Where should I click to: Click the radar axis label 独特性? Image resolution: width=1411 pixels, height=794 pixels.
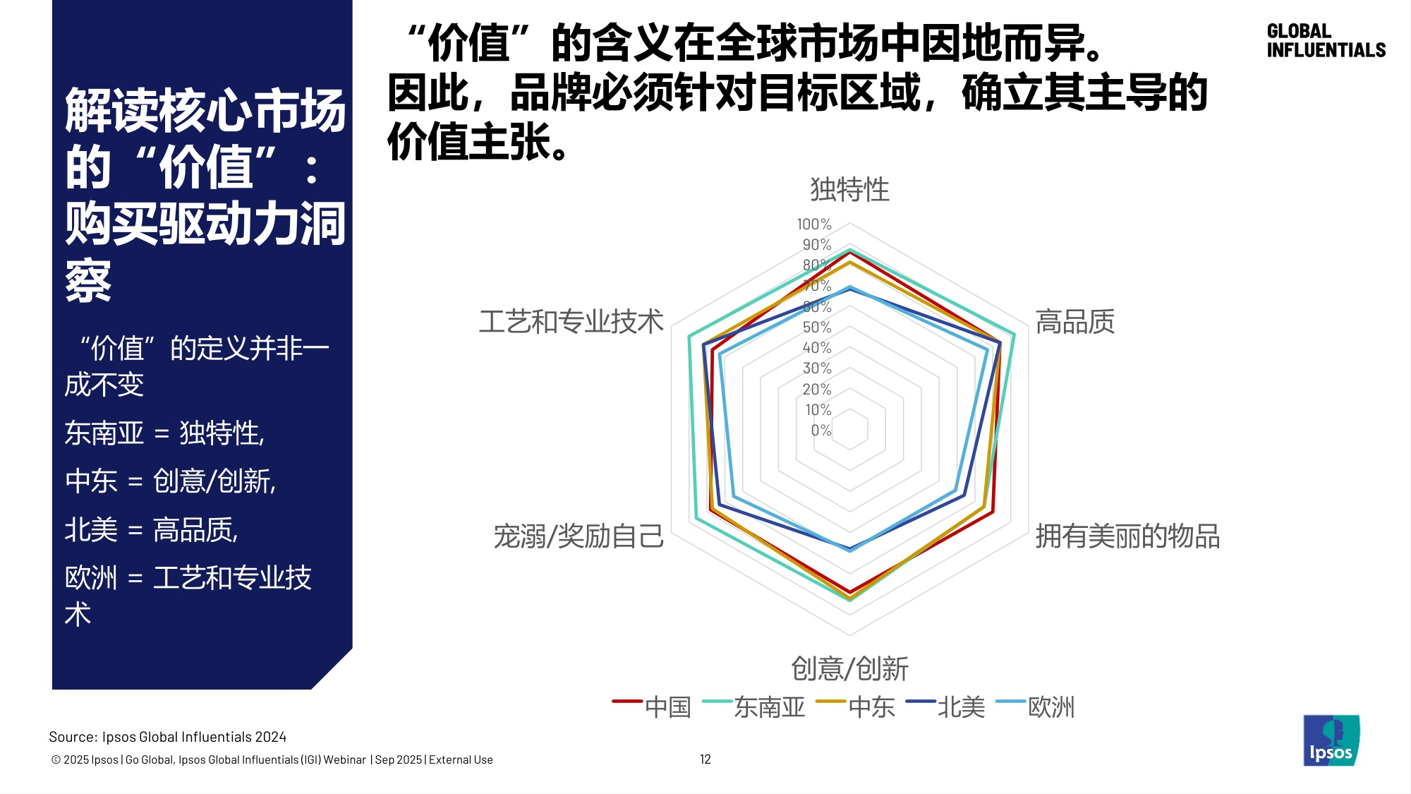coord(849,189)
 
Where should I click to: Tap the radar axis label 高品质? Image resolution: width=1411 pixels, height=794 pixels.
coord(1074,322)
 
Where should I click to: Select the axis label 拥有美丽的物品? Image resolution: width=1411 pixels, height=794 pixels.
coord(1127,536)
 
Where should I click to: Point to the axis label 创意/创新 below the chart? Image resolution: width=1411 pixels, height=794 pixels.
coord(849,668)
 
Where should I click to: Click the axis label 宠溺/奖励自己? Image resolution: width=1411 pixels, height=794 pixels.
coord(579,536)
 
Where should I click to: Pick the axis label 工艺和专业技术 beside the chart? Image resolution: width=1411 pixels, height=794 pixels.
coord(571,322)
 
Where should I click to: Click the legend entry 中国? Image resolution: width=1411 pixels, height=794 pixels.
coord(667,706)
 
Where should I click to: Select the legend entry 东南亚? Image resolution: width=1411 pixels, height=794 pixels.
coord(769,706)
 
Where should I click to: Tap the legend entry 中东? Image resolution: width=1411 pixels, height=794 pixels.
coord(871,706)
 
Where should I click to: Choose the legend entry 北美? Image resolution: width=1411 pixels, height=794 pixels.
coord(961,706)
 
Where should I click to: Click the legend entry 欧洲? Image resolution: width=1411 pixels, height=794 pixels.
coord(1050,706)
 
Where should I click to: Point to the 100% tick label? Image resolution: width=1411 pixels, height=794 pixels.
coord(814,224)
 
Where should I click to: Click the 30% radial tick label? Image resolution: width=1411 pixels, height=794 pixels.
coord(817,368)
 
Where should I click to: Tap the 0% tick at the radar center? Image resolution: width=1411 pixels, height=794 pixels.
coord(820,431)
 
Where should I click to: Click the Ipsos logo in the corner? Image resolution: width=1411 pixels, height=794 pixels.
coord(1331,740)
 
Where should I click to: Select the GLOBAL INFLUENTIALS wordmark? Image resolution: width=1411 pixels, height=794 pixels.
coord(1326,41)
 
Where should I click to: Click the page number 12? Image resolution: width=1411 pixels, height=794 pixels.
coord(705,759)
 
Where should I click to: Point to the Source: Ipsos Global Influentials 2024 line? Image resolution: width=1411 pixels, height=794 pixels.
coord(167,737)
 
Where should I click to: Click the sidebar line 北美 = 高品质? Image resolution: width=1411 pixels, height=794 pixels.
coord(152,529)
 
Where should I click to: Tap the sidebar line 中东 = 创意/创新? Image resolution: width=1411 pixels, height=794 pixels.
coord(170,481)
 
